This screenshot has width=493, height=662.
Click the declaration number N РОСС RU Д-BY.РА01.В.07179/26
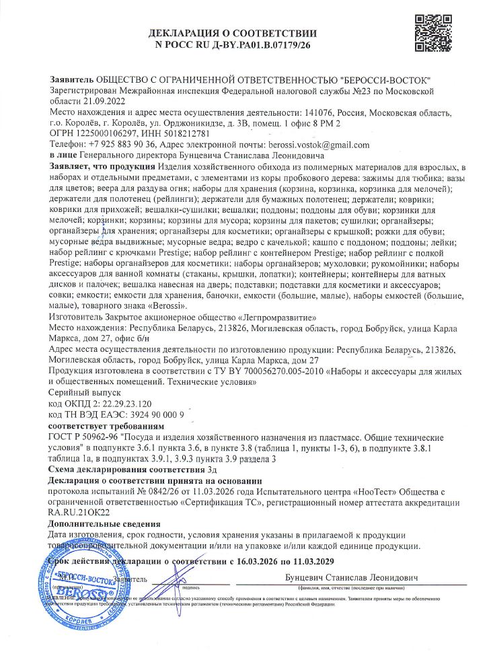(x=233, y=46)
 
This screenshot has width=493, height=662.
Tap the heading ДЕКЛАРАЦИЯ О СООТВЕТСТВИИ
(x=233, y=34)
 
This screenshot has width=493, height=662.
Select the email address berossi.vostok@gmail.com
(x=316, y=145)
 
